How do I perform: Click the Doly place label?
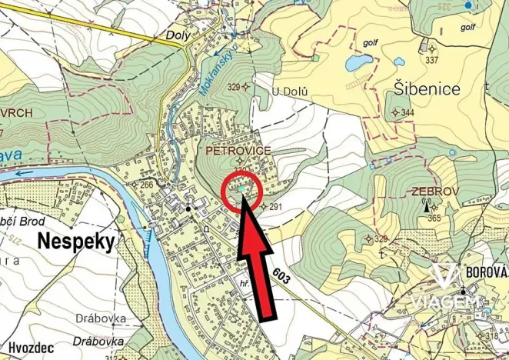tap(178, 35)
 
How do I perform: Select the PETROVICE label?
tap(238, 152)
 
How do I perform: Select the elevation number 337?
tap(431, 60)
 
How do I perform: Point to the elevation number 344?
tap(407, 113)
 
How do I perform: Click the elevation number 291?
tap(278, 207)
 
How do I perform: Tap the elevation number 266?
tap(145, 185)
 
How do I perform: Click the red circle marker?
tap(243, 192)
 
